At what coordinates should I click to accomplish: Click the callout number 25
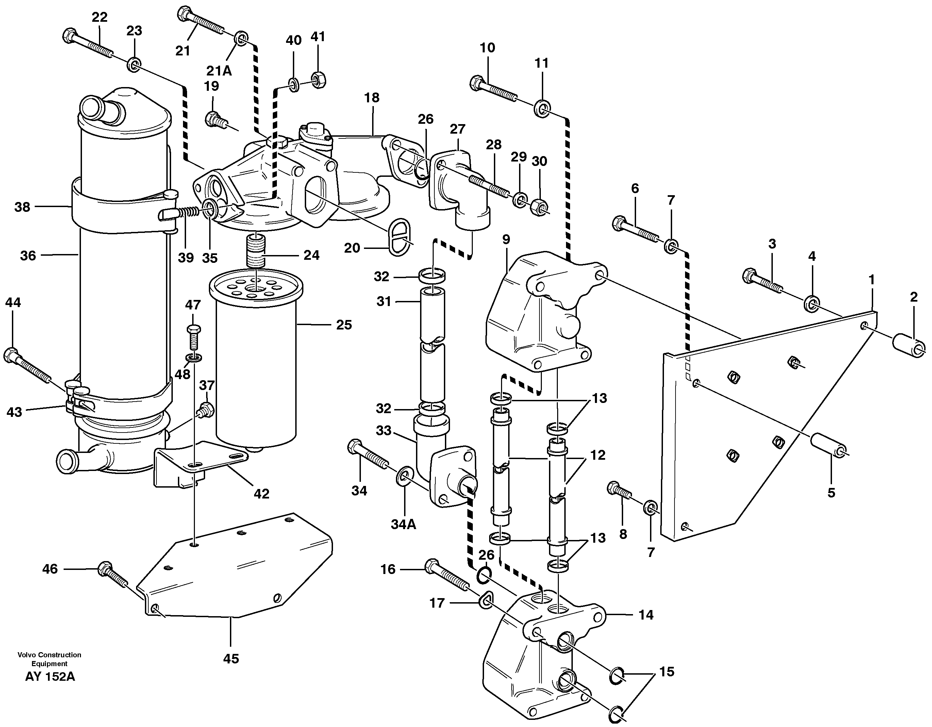coord(344,325)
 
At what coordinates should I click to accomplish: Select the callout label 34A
coord(403,524)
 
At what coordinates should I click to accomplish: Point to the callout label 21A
coord(219,70)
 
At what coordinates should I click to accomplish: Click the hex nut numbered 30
coord(539,207)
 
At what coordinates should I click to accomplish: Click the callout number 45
coord(231,659)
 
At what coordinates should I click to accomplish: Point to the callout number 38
coord(22,207)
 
